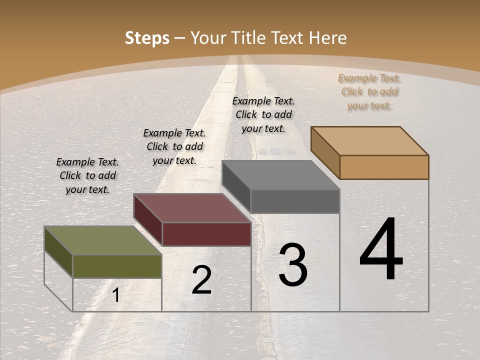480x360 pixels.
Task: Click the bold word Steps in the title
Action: click(147, 38)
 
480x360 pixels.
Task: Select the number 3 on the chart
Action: click(293, 265)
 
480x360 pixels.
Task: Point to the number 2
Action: click(201, 280)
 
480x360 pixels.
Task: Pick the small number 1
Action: click(116, 295)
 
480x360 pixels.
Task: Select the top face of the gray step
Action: click(280, 175)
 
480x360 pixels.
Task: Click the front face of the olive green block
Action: click(117, 266)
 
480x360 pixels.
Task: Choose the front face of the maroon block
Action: click(206, 234)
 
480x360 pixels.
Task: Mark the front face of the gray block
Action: click(295, 201)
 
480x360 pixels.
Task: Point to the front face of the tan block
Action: click(384, 167)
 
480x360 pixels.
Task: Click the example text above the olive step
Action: click(87, 176)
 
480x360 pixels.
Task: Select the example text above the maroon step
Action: click(174, 147)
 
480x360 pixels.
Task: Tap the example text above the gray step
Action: click(263, 114)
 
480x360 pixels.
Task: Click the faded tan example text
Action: click(369, 92)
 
